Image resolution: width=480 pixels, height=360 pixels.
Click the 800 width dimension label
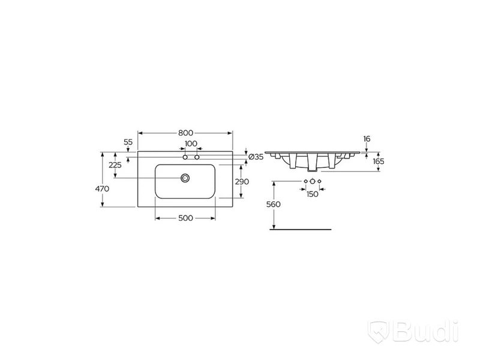click(x=186, y=133)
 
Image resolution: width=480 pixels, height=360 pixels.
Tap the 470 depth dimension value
click(x=102, y=189)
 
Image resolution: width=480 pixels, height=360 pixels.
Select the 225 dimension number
click(x=115, y=166)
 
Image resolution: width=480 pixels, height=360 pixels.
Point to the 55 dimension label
click(x=128, y=142)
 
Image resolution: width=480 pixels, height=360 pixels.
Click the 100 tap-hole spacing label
click(x=191, y=143)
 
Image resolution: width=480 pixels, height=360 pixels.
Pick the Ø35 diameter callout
click(x=256, y=157)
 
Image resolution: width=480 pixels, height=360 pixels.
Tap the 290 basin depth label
click(x=242, y=182)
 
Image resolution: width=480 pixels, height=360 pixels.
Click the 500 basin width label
click(x=186, y=218)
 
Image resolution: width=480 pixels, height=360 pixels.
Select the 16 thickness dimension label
click(x=367, y=139)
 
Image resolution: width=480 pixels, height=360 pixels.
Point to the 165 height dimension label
click(x=379, y=161)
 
